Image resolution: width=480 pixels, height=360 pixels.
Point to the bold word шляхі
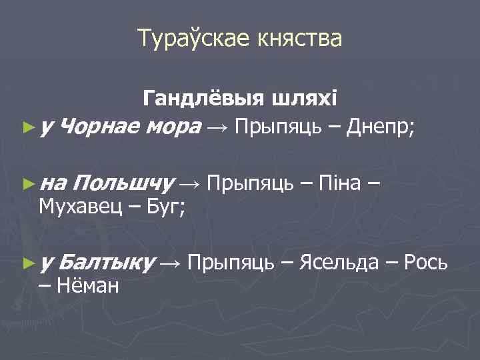point(307,99)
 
